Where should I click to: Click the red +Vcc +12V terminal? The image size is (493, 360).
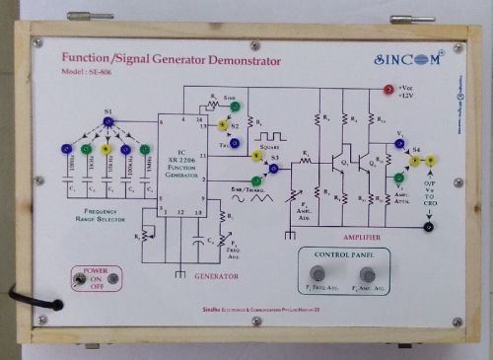pos(388,90)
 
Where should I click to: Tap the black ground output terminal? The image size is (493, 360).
pos(428,228)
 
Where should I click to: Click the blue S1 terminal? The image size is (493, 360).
pos(108,121)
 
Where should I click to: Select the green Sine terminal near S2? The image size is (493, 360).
pos(235,106)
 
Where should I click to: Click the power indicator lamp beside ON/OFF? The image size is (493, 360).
pos(113,279)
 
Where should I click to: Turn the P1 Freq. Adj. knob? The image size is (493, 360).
pos(319,273)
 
